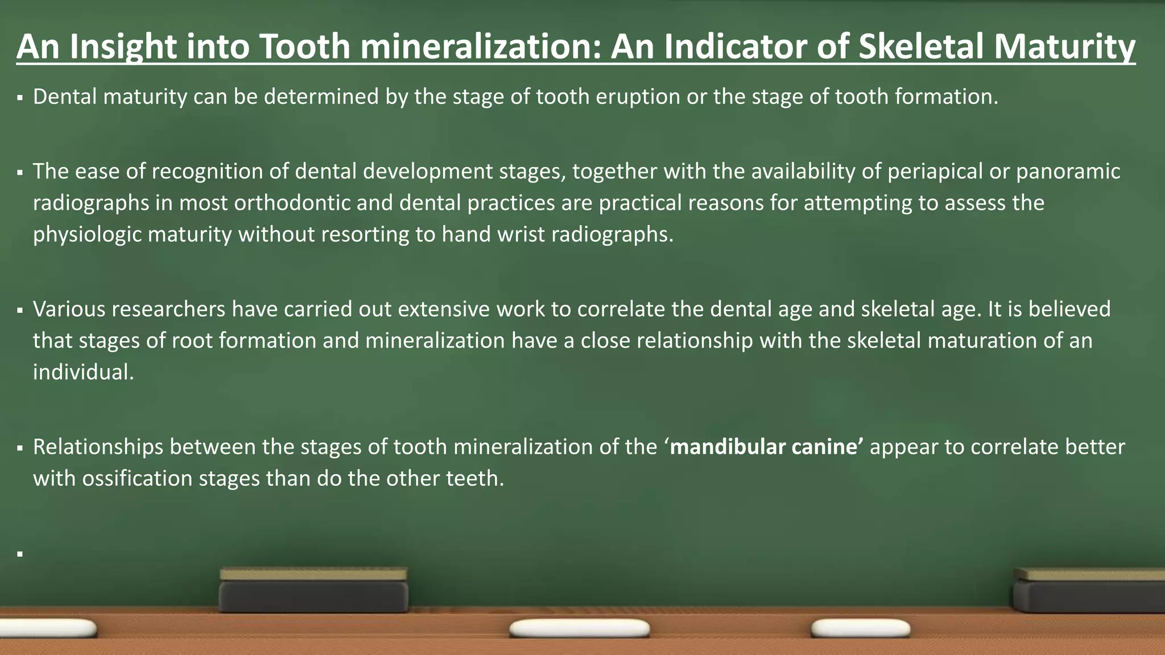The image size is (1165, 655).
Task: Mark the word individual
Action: pos(83,372)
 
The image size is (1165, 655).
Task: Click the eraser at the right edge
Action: pos(1089,591)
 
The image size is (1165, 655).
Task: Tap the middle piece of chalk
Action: pos(579,628)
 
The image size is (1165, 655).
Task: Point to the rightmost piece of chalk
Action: pos(860,628)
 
